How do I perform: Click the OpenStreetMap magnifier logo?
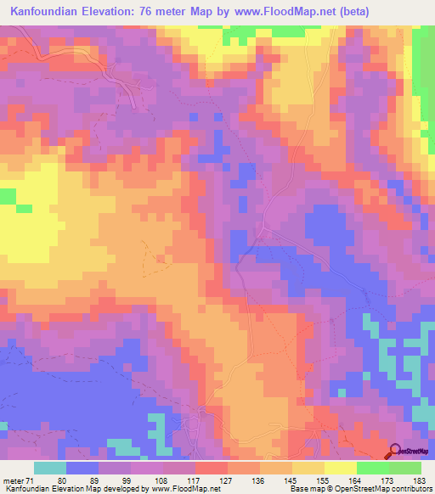click(395, 451)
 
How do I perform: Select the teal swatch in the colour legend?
click(50, 468)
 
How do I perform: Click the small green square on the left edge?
click(7, 197)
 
